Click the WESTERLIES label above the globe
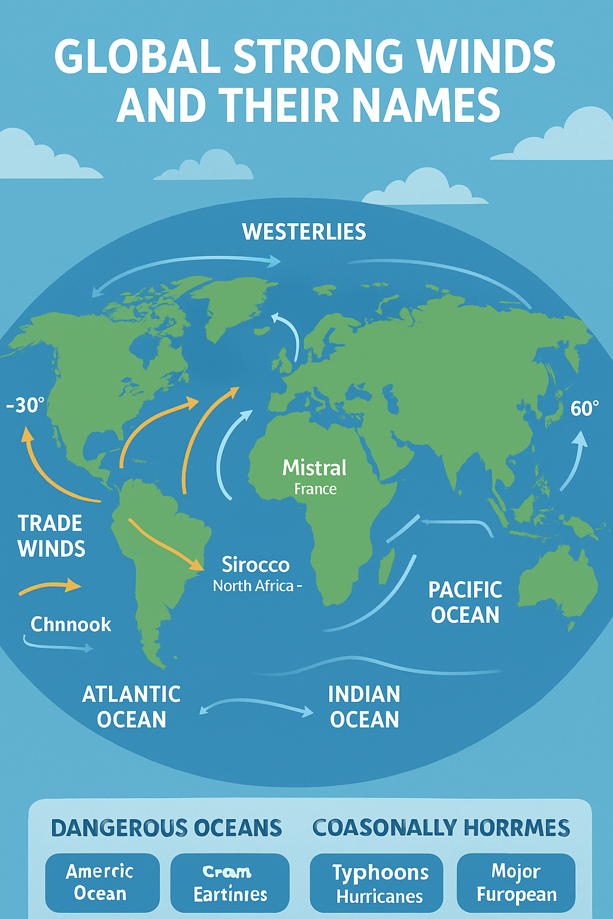pos(304,232)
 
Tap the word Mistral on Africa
pos(314,468)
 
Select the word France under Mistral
pos(315,489)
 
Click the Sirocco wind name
pos(256,565)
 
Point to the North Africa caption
pos(254,586)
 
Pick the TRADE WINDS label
pos(51,536)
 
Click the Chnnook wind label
pos(71,625)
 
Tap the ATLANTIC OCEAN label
pos(131,707)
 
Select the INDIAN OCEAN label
pos(364,707)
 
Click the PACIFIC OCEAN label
pos(465,602)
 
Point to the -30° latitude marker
pos(25,406)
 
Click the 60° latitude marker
pos(584,409)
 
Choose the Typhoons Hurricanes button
pos(380,884)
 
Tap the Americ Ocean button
pos(101,883)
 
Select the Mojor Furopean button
pos(516,883)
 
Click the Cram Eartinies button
pos(230,883)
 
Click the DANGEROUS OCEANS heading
pos(166,828)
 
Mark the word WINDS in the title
pos(485,57)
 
